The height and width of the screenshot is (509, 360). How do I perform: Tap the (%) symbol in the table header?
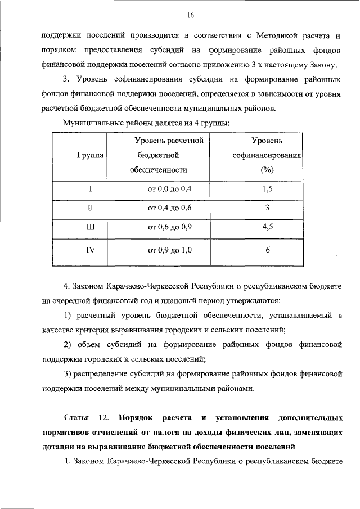click(x=267, y=169)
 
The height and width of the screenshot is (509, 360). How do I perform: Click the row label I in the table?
click(x=90, y=190)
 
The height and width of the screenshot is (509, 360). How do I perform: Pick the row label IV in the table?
click(x=90, y=250)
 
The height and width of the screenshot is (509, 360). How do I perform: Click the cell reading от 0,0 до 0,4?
click(x=169, y=190)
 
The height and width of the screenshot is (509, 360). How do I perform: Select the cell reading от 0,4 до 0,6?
click(x=169, y=208)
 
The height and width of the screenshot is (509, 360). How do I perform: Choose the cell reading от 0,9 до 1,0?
click(x=169, y=250)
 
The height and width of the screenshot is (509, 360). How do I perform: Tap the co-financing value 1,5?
click(x=267, y=190)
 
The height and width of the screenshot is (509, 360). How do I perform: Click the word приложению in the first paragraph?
click(x=244, y=65)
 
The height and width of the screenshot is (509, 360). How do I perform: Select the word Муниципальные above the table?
click(x=93, y=123)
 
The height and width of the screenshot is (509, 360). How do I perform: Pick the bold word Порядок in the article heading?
click(x=137, y=418)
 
